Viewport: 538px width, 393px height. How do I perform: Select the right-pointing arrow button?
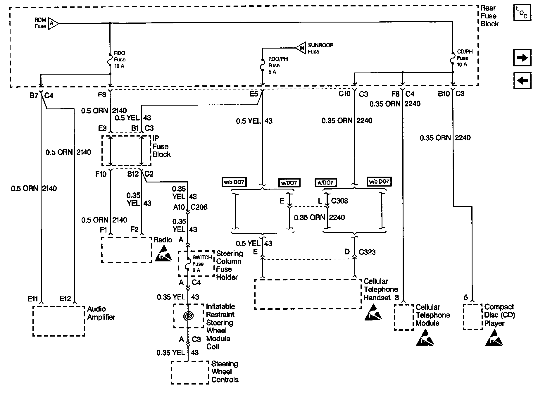(522, 58)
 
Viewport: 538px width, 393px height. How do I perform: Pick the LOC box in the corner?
(522, 13)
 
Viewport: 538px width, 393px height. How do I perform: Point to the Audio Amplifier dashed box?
(58, 321)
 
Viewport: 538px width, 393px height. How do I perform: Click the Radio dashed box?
(126, 250)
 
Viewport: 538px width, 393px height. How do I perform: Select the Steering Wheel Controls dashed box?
(190, 373)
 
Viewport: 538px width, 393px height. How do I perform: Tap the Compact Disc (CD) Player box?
(473, 317)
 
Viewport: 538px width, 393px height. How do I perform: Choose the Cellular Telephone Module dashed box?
(403, 317)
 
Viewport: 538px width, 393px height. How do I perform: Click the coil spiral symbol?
(189, 316)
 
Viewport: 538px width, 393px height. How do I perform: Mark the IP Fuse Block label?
(161, 146)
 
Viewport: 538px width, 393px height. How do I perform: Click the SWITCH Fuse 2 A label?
(201, 264)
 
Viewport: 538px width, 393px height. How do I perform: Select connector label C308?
(339, 201)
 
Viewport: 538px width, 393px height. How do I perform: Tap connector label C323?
(367, 252)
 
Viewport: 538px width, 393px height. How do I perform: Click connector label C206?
(199, 207)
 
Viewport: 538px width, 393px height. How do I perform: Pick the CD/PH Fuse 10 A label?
(465, 58)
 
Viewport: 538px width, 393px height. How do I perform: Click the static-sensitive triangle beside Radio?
(163, 254)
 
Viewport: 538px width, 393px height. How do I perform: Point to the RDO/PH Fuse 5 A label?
(278, 65)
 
